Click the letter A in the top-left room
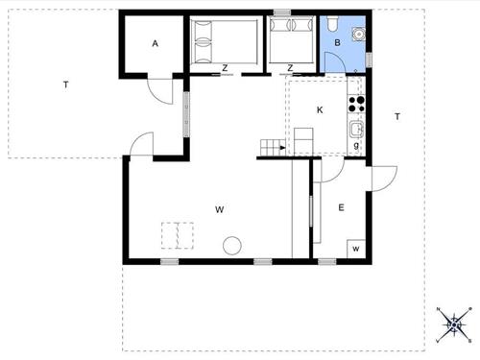click(154, 43)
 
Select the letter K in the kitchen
click(320, 110)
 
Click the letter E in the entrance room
click(340, 207)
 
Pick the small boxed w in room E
click(355, 249)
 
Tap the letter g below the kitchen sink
click(356, 145)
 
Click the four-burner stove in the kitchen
click(357, 103)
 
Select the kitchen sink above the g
click(356, 129)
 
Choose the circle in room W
click(231, 247)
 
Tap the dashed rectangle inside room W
click(178, 235)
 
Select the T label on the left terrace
click(65, 85)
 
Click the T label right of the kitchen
click(396, 116)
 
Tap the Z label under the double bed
click(224, 67)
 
